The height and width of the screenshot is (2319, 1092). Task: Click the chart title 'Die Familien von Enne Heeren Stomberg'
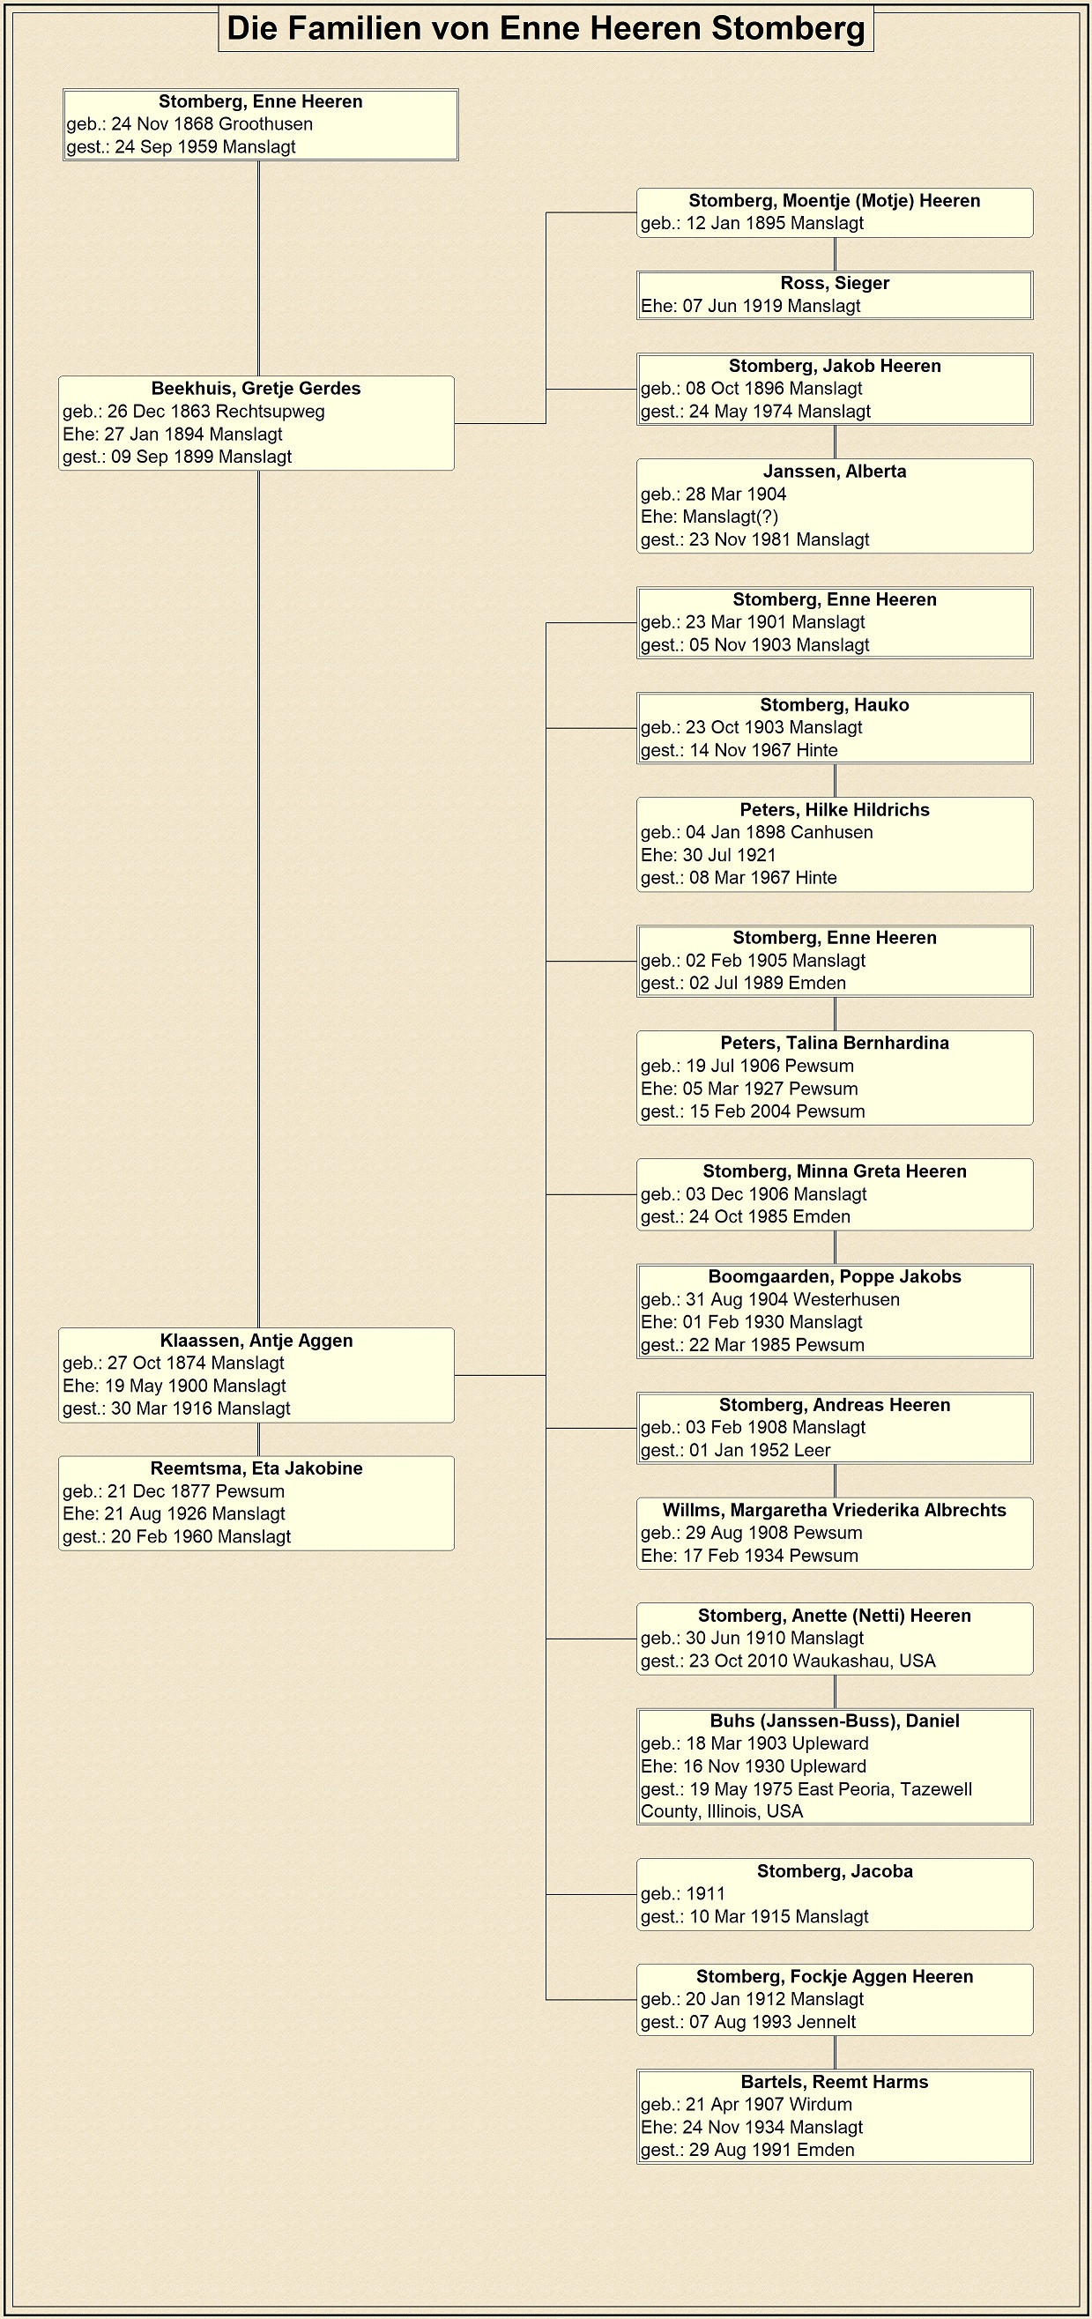546,28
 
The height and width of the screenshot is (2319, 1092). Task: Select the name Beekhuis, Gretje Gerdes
256,388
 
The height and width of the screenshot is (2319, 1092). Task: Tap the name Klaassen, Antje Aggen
256,1341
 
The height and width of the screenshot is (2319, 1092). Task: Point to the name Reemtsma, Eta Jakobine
256,1468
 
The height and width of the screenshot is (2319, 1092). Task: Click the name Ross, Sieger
835,283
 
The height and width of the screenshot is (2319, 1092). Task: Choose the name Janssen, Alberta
835,471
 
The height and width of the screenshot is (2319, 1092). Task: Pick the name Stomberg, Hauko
835,705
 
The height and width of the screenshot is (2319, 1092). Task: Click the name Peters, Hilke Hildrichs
835,809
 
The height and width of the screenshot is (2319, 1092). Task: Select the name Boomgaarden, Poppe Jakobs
835,1276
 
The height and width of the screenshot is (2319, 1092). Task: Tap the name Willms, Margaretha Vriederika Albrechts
835,1510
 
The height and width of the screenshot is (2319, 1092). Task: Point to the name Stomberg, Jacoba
835,1870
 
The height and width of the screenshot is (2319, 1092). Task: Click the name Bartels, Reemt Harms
835,2081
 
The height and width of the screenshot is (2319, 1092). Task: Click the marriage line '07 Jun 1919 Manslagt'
751,306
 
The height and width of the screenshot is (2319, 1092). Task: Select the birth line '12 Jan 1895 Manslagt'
752,223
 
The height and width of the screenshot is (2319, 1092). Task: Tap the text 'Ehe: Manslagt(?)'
709,517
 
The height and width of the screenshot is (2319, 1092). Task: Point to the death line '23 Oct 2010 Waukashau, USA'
788,1661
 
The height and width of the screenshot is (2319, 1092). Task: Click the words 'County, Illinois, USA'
721,1811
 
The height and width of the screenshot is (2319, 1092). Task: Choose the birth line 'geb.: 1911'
682,1894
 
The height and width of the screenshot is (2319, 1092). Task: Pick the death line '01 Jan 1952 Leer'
736,1450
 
